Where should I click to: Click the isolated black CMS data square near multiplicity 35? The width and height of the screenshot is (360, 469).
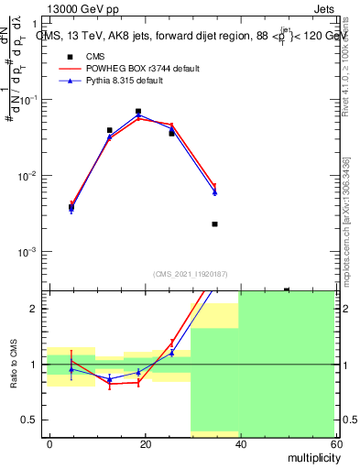(214, 224)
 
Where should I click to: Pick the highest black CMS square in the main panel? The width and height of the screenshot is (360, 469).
(138, 112)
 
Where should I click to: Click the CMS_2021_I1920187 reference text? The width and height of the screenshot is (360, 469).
(191, 274)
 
